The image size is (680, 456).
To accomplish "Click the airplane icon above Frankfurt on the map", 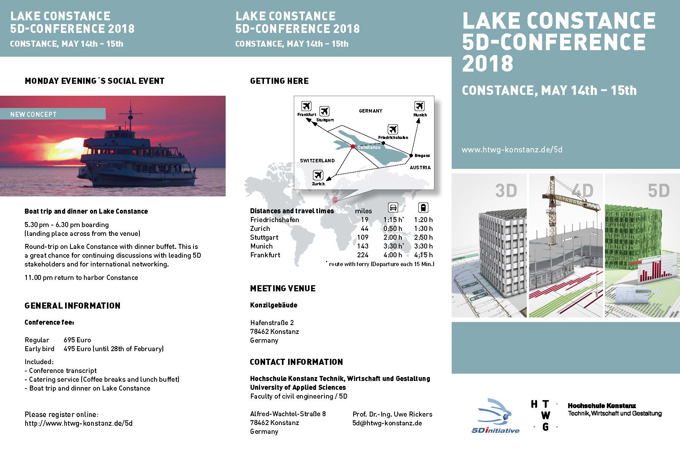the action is click(x=306, y=106).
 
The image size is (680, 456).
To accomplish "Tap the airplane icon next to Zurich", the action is click(x=318, y=175).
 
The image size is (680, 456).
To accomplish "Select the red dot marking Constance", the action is click(x=353, y=146).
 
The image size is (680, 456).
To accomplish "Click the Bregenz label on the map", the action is click(x=422, y=155).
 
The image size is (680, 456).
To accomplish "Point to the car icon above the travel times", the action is click(x=393, y=208).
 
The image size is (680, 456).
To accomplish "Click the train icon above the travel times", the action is click(x=423, y=208).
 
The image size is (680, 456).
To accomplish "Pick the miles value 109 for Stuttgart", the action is click(x=363, y=237).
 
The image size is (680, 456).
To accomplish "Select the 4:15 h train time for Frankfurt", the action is click(x=423, y=255).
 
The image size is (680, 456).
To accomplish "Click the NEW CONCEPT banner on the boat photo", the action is click(x=53, y=114).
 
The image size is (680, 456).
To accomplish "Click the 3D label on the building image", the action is click(x=506, y=191).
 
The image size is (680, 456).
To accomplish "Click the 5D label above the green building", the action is click(x=659, y=191).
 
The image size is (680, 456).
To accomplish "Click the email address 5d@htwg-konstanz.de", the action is click(x=387, y=423).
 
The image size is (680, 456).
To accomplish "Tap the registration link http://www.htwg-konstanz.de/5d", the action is click(x=79, y=423).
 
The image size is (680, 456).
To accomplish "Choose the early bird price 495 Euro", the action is click(x=77, y=349).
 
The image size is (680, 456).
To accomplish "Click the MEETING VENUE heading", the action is click(x=283, y=289).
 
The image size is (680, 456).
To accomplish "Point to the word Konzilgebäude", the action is click(x=274, y=305).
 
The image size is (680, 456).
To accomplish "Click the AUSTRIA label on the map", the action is click(x=420, y=167).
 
